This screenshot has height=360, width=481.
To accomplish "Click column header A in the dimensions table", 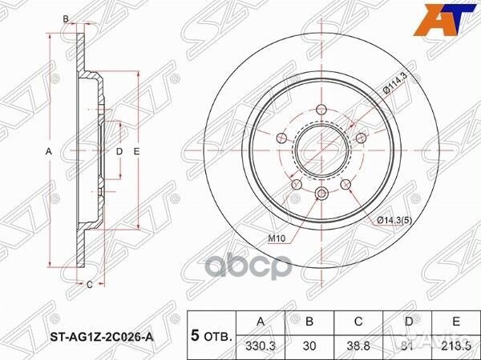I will click(260, 322).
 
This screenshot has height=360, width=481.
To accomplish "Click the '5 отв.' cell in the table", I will click(209, 332).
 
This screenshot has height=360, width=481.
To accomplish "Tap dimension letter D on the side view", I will click(119, 151).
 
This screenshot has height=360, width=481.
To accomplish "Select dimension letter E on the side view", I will click(138, 151).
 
